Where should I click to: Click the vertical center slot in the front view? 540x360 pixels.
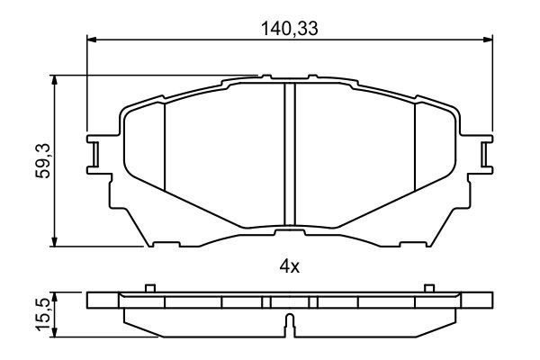[x=290, y=154]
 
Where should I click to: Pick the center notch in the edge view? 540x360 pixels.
[x=288, y=322]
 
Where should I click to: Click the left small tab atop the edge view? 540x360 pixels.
[x=151, y=288]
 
